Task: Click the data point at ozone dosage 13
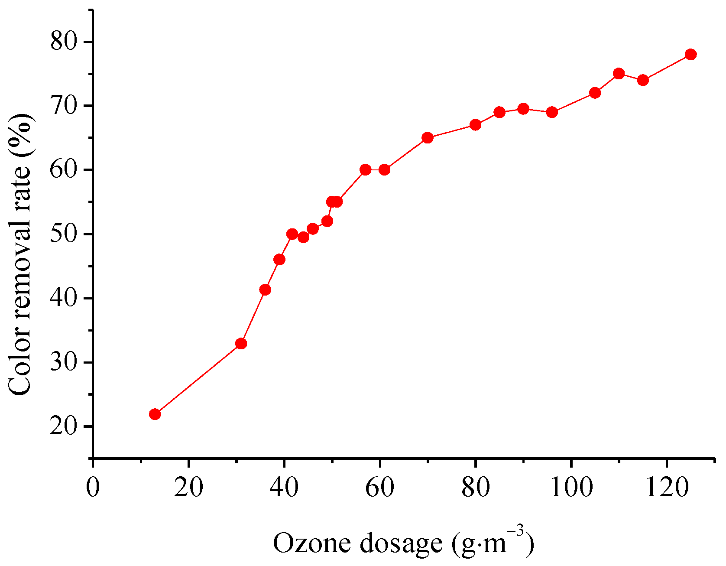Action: coord(155,414)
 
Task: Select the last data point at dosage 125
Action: coord(691,54)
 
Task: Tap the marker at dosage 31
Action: coord(241,344)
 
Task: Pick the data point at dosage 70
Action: coord(428,138)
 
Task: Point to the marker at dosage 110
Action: coord(619,73)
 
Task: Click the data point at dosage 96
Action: coord(552,112)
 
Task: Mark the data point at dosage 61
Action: coord(384,169)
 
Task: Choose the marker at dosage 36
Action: coord(265,290)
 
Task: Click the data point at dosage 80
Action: coord(475,125)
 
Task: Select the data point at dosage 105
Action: coord(595,93)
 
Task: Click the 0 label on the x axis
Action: coord(93,487)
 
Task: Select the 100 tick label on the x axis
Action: coord(571,487)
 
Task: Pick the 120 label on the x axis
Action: coord(667,487)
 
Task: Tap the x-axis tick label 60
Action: coord(380,487)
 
